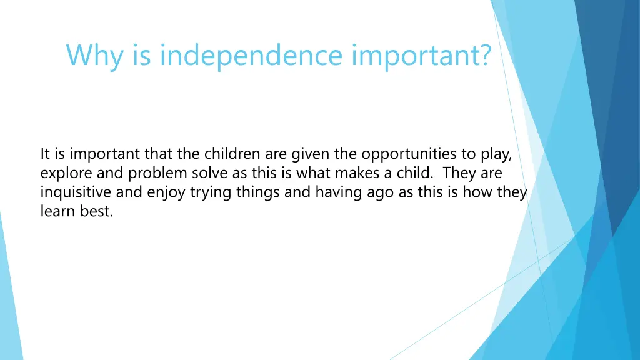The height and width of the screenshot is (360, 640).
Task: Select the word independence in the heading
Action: point(251,56)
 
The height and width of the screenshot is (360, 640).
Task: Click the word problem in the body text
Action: point(154,172)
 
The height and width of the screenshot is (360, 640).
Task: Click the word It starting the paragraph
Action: point(46,153)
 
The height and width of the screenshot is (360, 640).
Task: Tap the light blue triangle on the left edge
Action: point(9,294)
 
